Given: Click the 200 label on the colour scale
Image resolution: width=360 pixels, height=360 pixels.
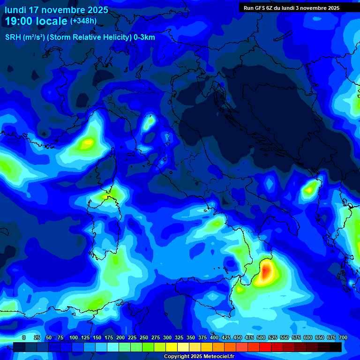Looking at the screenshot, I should point(120,337).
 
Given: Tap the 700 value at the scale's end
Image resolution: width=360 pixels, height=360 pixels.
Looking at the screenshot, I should point(343,337).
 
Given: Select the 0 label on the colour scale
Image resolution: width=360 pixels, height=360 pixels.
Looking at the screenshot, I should point(24,337).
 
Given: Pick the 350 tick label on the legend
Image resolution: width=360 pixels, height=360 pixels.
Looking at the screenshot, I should point(191,337).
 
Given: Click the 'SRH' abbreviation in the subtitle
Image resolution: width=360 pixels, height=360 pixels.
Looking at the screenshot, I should point(13,37).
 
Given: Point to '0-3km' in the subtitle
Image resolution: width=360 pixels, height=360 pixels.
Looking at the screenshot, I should point(144,37).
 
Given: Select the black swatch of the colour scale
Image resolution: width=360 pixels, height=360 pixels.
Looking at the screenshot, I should point(336,347).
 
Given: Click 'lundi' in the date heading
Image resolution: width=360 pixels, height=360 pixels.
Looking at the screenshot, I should point(15,10).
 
